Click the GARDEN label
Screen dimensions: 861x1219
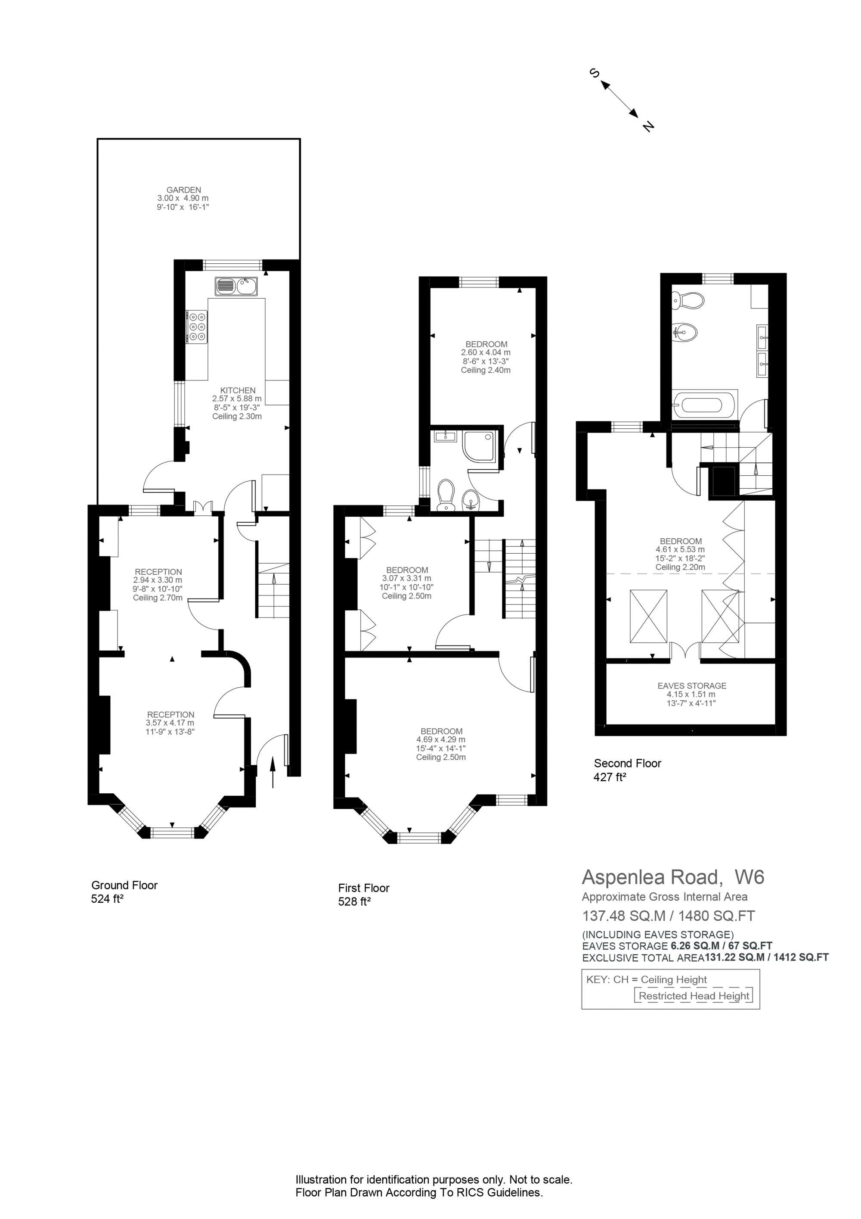(183, 190)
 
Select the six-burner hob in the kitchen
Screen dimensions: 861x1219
(197, 327)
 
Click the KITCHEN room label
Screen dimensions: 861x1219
(238, 390)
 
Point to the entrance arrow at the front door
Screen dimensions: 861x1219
(273, 773)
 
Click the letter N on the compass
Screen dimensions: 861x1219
(648, 126)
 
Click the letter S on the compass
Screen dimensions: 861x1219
(594, 73)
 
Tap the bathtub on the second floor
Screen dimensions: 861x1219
(704, 405)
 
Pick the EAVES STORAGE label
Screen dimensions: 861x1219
(692, 686)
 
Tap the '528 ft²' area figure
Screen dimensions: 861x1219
(354, 901)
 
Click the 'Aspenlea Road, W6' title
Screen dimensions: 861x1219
(673, 877)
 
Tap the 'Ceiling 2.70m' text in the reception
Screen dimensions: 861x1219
(158, 597)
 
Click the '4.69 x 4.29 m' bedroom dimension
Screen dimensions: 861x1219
(441, 739)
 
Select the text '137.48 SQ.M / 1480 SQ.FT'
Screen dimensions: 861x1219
(669, 915)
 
